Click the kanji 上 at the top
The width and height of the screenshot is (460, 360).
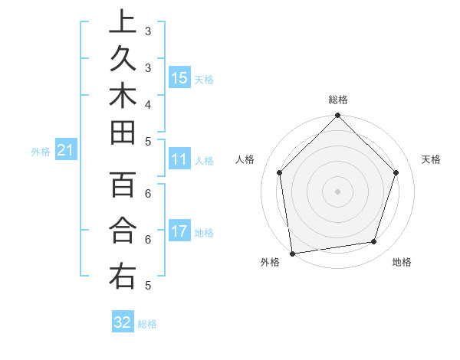(x=123, y=21)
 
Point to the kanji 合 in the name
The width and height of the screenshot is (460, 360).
(x=123, y=230)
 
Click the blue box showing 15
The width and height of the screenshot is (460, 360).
(x=179, y=77)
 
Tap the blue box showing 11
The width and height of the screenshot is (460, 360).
(x=179, y=159)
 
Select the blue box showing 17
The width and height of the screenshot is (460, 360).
(x=179, y=231)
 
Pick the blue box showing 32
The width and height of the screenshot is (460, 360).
(x=123, y=322)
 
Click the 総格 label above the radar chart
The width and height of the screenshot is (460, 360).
(x=338, y=100)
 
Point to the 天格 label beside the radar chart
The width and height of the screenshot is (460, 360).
(x=431, y=159)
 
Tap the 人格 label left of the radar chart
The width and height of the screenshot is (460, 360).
(x=245, y=159)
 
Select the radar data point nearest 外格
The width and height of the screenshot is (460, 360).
(x=292, y=253)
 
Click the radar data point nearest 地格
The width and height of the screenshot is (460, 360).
(x=374, y=241)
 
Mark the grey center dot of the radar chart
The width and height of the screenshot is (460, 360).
(x=338, y=191)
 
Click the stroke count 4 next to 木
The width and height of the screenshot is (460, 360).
(x=147, y=103)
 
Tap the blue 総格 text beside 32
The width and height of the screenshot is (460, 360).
(x=147, y=324)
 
